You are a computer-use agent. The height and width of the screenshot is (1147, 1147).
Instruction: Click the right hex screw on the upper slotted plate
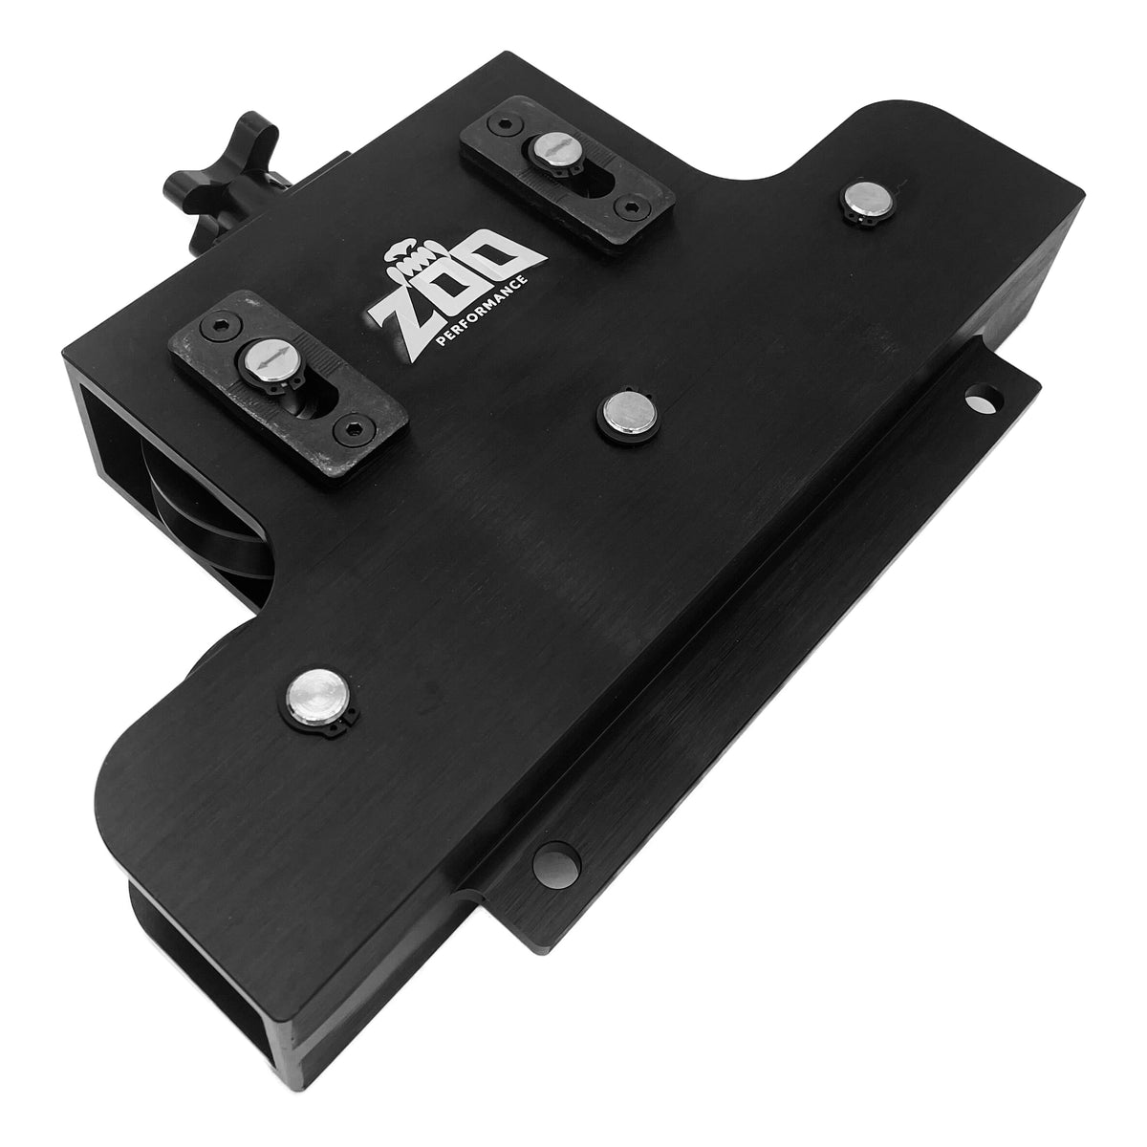point(628,204)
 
